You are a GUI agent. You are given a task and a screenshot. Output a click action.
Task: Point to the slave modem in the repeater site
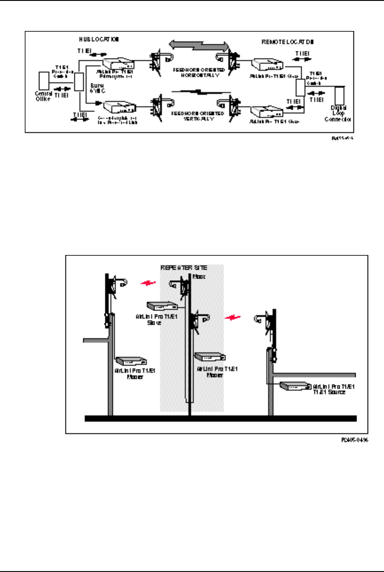(162, 306)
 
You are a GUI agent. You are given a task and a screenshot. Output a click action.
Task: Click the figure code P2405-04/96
(355, 441)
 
